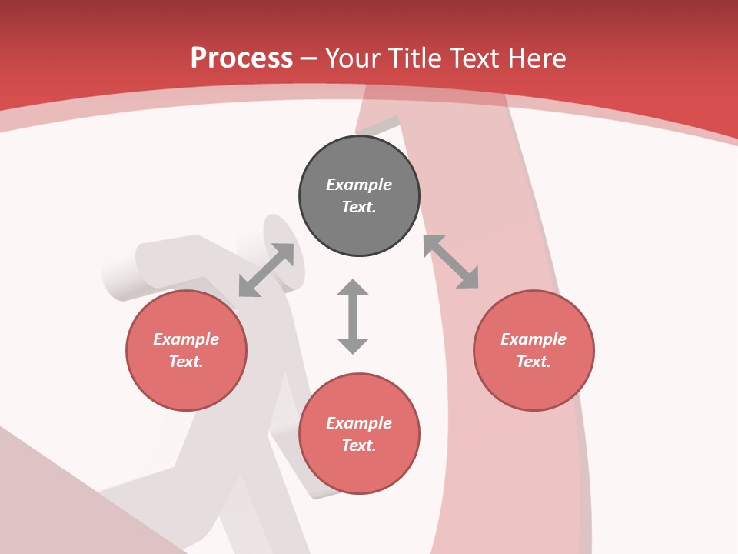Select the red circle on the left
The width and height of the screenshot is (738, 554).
[186, 350]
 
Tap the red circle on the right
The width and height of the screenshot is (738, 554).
[534, 350]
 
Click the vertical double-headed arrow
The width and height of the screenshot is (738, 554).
[353, 317]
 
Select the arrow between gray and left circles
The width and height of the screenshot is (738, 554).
[266, 270]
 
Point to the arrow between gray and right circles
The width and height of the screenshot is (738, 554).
[450, 262]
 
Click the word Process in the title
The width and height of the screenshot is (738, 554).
[241, 58]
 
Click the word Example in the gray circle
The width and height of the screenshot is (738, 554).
[359, 185]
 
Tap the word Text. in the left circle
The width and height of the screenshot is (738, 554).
[186, 362]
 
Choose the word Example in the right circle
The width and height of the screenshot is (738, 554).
[534, 339]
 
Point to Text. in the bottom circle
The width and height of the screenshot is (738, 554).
[359, 446]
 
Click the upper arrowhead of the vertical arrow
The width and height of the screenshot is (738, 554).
[353, 288]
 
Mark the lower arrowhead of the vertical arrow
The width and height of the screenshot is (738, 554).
[353, 345]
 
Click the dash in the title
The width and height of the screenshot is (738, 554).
[309, 58]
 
